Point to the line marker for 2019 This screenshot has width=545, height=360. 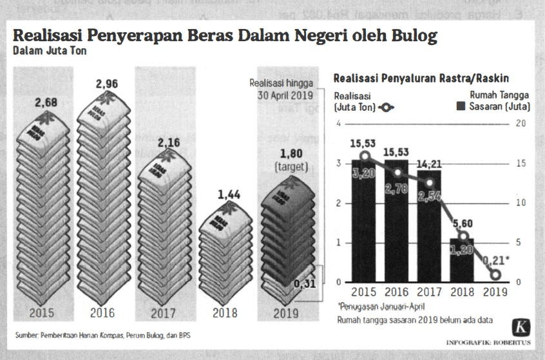pyautogui.click(x=495, y=274)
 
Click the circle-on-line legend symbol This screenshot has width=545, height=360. pyautogui.click(x=388, y=108)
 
